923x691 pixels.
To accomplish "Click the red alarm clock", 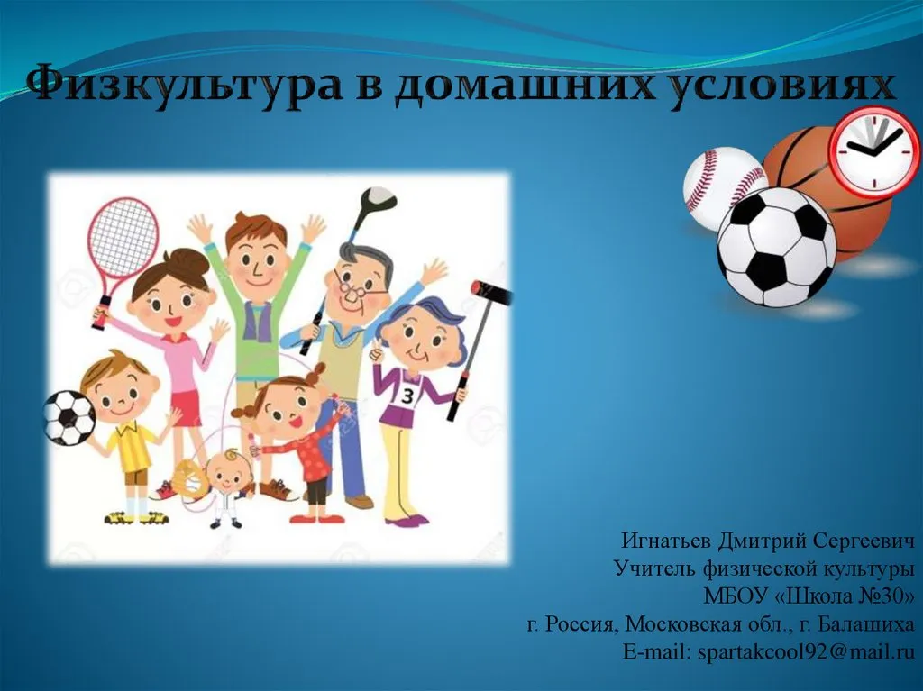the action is coord(873,149).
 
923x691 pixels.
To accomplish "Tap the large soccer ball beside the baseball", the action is coord(776,247).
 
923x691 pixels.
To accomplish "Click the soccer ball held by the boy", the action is coord(69,417).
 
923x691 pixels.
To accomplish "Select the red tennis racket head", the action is coord(123,239).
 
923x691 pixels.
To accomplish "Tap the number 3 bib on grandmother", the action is coord(407,396).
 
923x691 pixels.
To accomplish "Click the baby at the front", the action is coord(226,487).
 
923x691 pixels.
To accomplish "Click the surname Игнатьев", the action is coord(666,541).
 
